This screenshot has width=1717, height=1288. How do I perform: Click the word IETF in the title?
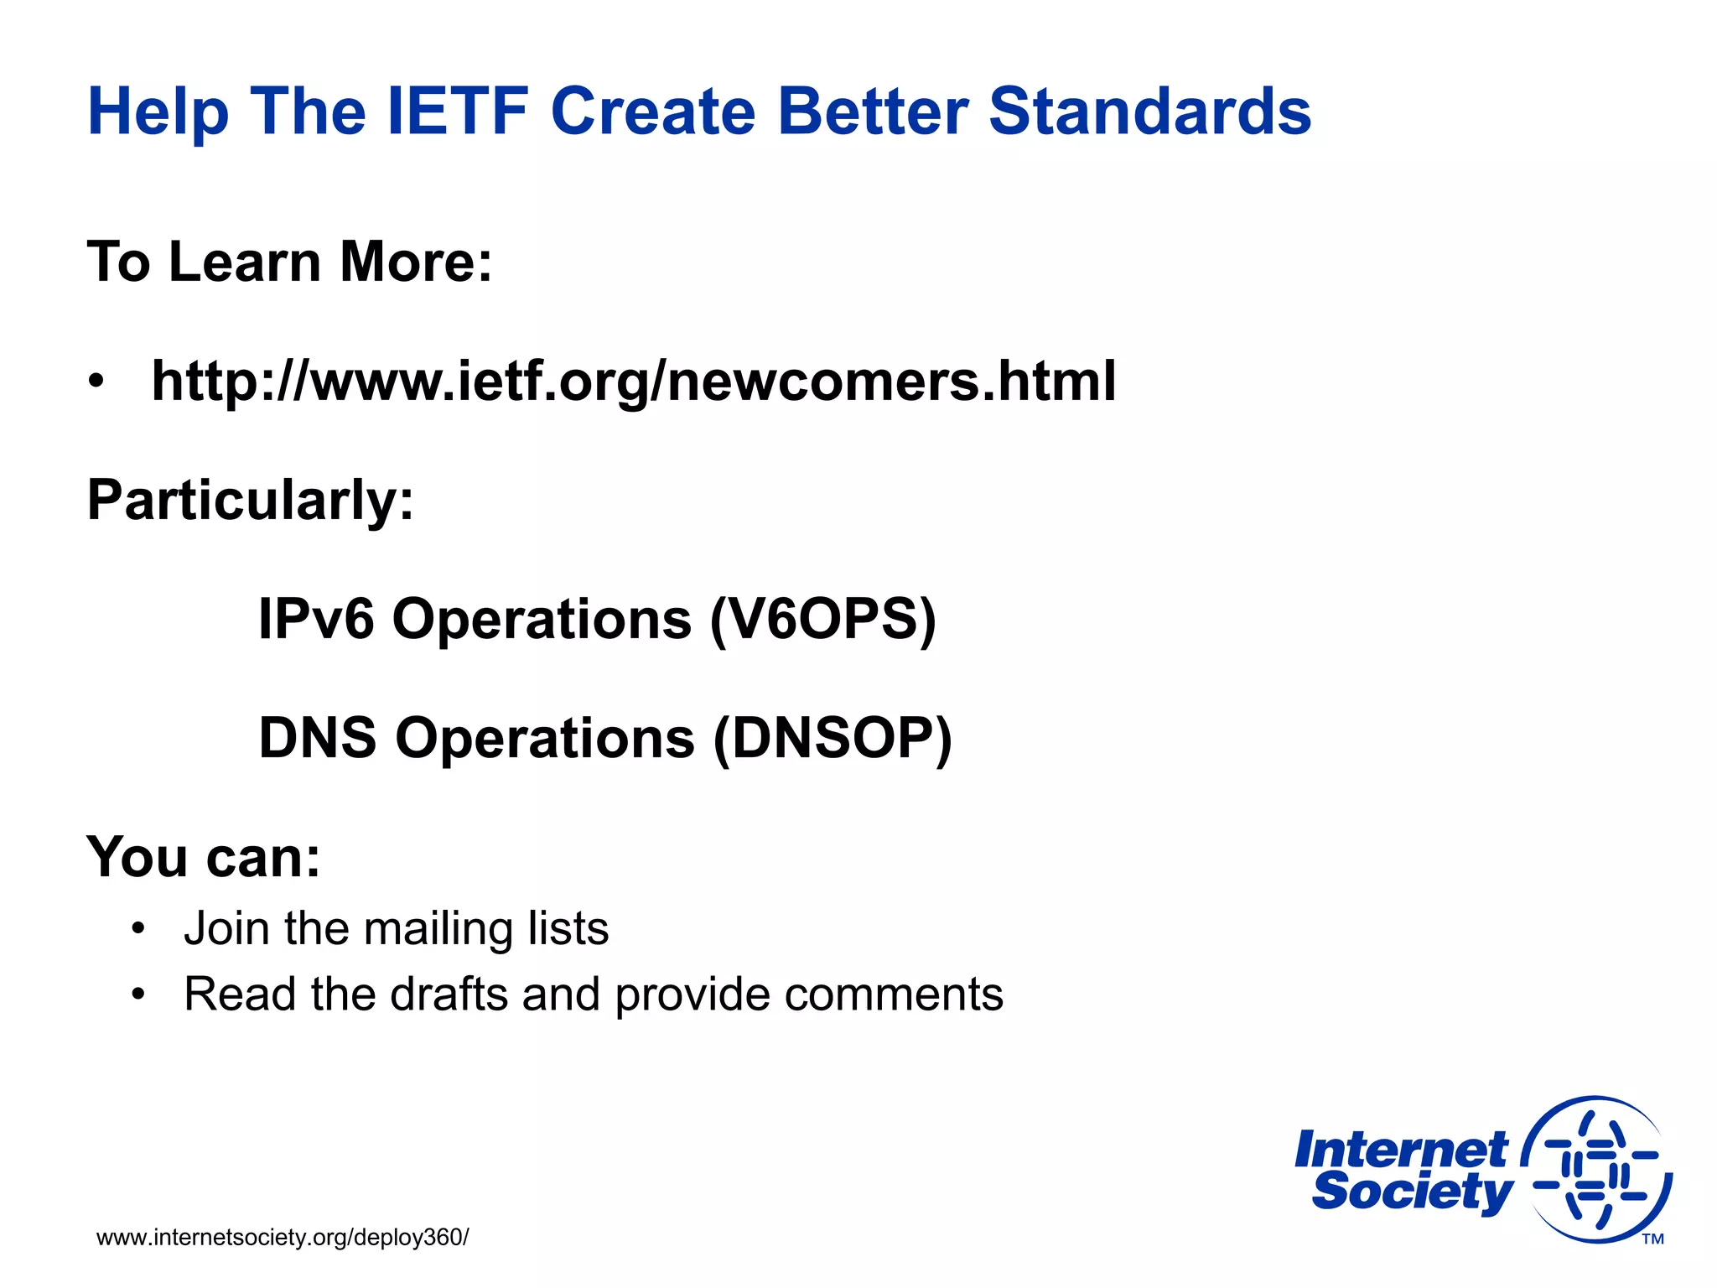(x=456, y=112)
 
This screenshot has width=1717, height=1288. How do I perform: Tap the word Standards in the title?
(x=1149, y=112)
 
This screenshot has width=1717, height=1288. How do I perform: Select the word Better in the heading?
(x=872, y=112)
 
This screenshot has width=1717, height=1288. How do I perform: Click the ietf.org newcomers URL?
(x=633, y=382)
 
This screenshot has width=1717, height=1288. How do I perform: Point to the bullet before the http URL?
(x=97, y=382)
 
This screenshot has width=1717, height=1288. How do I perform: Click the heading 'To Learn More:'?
(x=289, y=262)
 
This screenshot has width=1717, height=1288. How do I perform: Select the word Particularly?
(x=250, y=501)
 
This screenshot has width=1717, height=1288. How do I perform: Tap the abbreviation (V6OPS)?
(x=822, y=620)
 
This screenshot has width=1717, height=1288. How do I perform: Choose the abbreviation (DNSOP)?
(x=832, y=739)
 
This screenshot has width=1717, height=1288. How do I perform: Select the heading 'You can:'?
(x=204, y=858)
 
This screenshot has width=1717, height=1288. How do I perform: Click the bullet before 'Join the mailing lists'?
(x=138, y=929)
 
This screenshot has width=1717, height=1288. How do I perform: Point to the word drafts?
(x=449, y=995)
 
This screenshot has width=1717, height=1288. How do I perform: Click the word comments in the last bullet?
(x=893, y=995)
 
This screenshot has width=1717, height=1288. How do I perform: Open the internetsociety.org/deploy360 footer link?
(x=283, y=1238)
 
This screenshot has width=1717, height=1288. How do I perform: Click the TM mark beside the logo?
(x=1652, y=1239)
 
